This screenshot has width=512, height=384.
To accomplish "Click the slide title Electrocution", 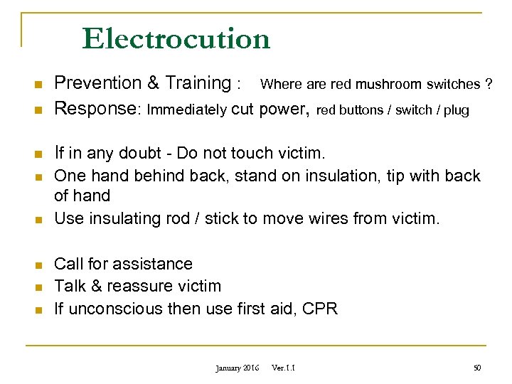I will [x=176, y=38].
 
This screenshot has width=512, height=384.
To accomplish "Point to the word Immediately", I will [x=186, y=110].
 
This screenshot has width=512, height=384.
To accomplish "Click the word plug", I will [x=457, y=110].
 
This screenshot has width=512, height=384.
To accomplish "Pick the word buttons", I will [x=361, y=110].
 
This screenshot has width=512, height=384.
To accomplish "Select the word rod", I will [x=180, y=218].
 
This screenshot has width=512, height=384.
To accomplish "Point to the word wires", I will [x=328, y=218].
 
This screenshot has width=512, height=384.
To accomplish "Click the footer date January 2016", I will [x=238, y=368].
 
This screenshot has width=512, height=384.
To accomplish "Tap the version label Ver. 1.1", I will [x=284, y=368].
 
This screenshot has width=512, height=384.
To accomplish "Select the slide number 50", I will [x=477, y=368].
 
